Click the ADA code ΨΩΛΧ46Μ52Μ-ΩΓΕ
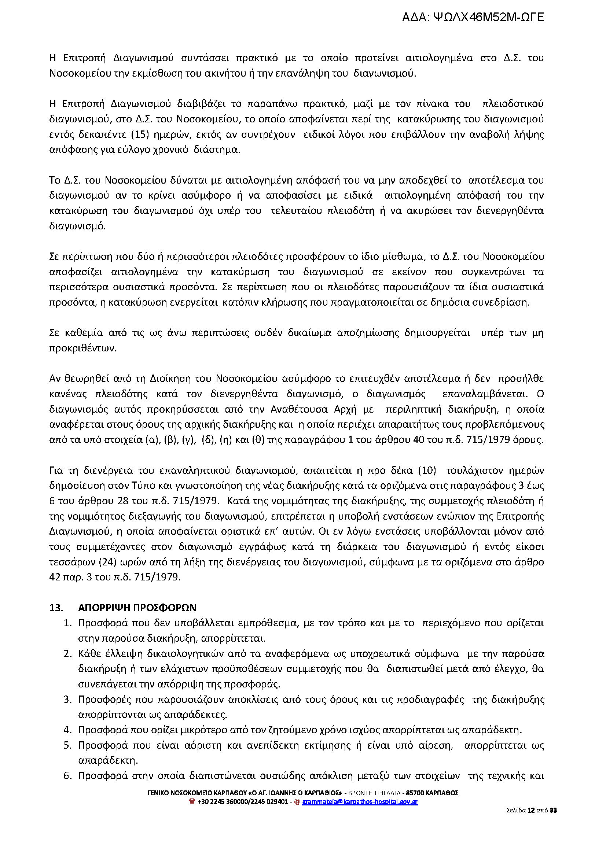489,17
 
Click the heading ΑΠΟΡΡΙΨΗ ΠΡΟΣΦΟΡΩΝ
137,608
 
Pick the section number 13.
56,608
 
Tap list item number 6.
67,776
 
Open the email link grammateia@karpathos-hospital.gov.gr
360,801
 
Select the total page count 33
553,810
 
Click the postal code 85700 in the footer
415,793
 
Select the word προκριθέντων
83,348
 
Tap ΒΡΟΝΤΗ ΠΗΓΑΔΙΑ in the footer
374,793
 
